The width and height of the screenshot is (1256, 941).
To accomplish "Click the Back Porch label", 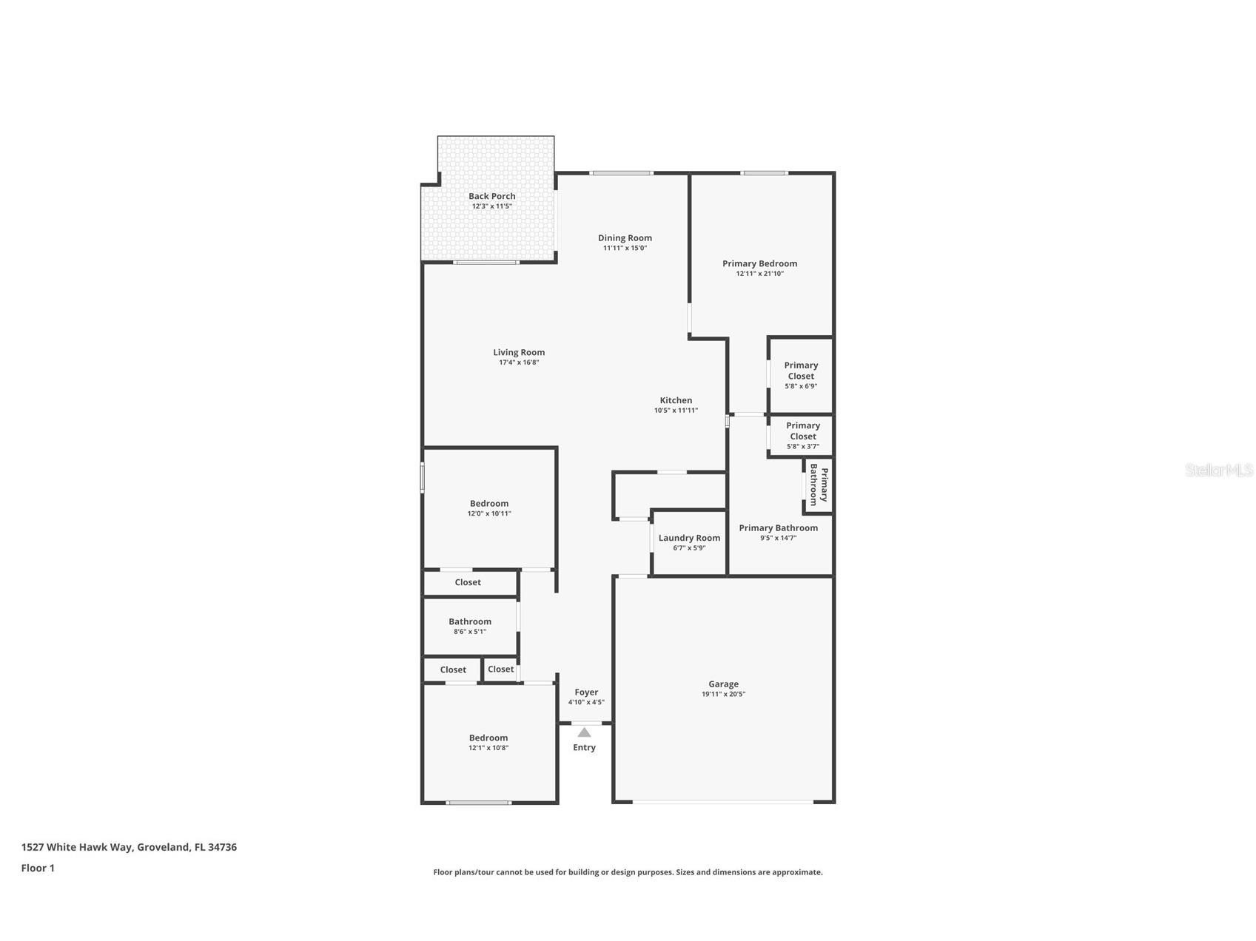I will (x=491, y=196).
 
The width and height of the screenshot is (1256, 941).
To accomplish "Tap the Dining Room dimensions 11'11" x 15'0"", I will (x=625, y=249).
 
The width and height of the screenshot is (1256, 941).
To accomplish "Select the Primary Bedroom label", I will (x=759, y=263).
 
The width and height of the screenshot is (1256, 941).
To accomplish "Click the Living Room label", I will (x=519, y=352).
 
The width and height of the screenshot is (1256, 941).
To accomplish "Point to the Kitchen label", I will (x=676, y=400).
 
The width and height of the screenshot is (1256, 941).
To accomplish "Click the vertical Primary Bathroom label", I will (x=819, y=485).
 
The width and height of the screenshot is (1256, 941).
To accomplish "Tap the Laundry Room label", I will (x=689, y=538).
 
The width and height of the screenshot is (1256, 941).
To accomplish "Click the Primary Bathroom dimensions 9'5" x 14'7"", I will (x=778, y=538).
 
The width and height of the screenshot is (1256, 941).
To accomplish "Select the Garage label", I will (x=723, y=684).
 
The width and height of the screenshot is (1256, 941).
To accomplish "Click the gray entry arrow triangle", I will (x=584, y=732).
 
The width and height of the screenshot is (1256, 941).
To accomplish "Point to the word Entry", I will (x=584, y=747).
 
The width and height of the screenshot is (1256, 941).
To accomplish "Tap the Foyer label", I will (x=586, y=692).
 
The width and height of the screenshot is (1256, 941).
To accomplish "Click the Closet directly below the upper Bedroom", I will (x=468, y=582).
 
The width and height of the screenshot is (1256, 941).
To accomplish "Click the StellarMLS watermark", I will (x=1218, y=470).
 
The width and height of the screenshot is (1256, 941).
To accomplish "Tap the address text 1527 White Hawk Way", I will (x=77, y=847).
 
